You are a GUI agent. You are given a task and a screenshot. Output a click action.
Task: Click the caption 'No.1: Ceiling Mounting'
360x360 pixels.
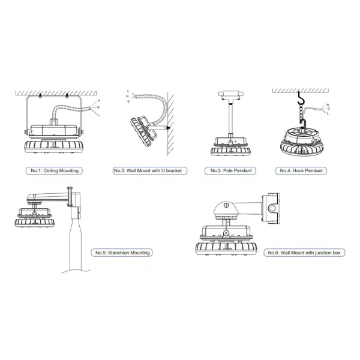tap(55, 171)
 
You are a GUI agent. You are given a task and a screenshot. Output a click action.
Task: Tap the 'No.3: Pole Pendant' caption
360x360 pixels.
tap(231, 171)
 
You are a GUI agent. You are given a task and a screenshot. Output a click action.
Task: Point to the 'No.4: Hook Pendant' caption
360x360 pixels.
tap(302, 171)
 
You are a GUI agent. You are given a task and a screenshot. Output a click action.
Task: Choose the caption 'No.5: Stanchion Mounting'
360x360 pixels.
tap(122, 253)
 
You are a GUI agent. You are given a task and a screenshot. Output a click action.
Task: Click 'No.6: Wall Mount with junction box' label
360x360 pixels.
tap(304, 253)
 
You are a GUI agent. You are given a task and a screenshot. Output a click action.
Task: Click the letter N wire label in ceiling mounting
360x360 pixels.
tap(98, 101)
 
